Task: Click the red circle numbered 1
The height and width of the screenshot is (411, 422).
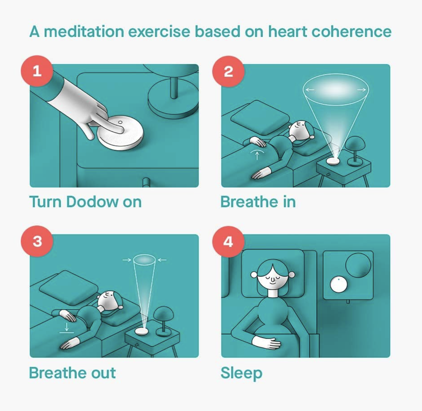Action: (37, 71)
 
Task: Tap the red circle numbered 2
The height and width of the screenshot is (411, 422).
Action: (228, 71)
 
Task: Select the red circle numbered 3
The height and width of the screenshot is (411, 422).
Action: (37, 241)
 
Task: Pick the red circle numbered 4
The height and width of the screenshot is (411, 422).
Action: (228, 242)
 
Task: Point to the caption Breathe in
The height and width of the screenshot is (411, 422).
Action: (258, 202)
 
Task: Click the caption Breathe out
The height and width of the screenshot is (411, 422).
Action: (72, 373)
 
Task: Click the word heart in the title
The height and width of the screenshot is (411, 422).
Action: (288, 32)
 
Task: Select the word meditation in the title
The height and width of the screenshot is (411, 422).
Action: (84, 32)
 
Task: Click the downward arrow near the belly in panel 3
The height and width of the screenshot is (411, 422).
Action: (67, 328)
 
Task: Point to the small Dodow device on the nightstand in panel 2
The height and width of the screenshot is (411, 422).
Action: (333, 161)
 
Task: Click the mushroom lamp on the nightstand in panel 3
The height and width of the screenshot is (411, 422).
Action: (163, 321)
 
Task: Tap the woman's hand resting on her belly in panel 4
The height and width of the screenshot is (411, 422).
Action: (267, 343)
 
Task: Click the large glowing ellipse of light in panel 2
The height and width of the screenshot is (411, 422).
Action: (336, 90)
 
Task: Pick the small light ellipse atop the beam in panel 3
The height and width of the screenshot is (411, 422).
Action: (144, 260)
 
